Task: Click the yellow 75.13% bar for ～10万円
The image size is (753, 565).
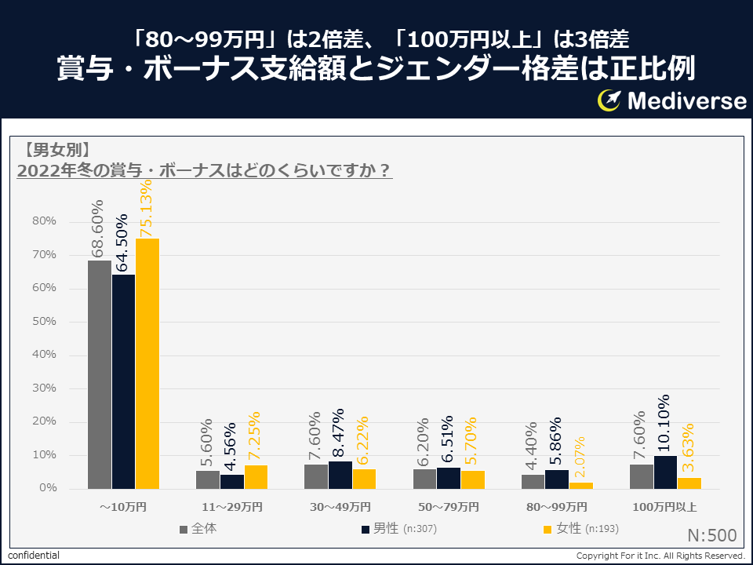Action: tap(147, 363)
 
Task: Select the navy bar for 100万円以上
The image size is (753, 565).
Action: tap(666, 472)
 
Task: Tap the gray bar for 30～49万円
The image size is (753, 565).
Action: tap(316, 476)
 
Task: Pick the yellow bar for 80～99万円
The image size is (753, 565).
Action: tap(581, 485)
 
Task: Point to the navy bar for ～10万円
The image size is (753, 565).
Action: tap(123, 381)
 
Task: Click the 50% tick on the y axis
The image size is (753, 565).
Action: tap(45, 322)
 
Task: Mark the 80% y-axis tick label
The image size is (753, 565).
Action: tap(45, 221)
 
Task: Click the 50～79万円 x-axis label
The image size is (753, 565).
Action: tap(449, 506)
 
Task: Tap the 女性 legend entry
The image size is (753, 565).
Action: tap(581, 529)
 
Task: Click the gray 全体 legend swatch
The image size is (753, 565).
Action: tap(184, 530)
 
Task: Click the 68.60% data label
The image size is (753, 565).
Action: tap(98, 228)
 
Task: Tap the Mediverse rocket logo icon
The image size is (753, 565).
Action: tap(609, 100)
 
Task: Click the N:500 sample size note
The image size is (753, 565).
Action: tap(711, 536)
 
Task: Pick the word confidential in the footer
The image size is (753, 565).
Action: tap(34, 556)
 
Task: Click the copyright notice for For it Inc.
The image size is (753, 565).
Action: tap(660, 556)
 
